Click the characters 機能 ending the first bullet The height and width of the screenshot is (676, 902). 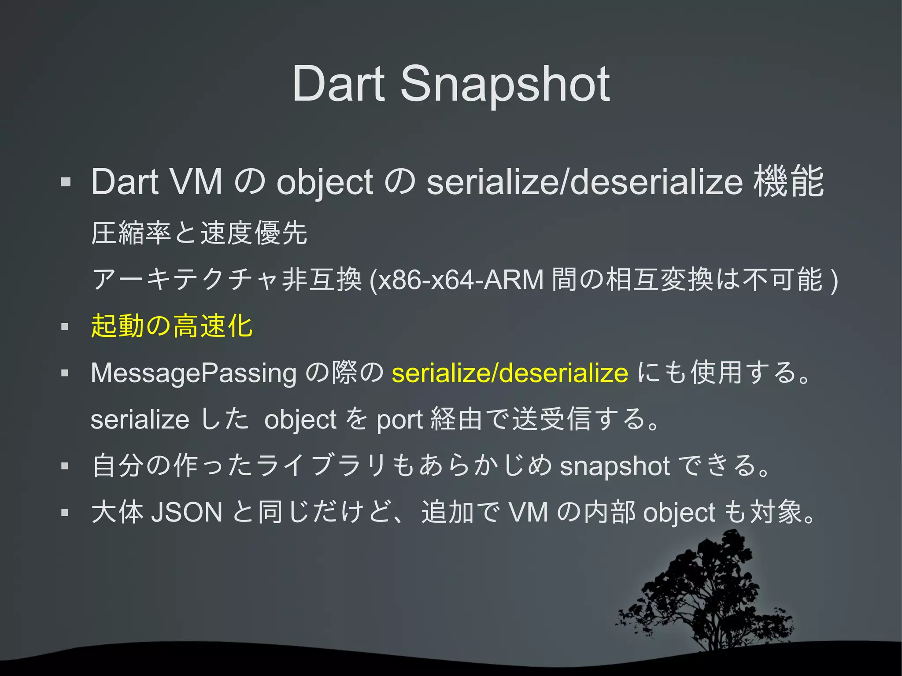pyautogui.click(x=788, y=182)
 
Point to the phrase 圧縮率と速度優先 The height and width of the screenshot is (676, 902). pyautogui.click(x=199, y=233)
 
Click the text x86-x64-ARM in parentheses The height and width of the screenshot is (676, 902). pyautogui.click(x=461, y=280)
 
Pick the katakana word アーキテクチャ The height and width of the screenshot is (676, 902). pyautogui.click(x=185, y=280)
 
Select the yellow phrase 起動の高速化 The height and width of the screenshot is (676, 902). pyautogui.click(x=172, y=326)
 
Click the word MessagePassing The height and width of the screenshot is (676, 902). pyautogui.click(x=193, y=373)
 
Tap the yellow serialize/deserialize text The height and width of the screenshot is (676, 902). pyautogui.click(x=510, y=373)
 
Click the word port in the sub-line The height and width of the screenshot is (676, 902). pyautogui.click(x=399, y=420)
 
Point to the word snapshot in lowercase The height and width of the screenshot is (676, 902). pyautogui.click(x=615, y=466)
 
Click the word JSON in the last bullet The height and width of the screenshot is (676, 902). pyautogui.click(x=187, y=513)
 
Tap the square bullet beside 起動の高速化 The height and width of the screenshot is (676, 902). pyautogui.click(x=65, y=327)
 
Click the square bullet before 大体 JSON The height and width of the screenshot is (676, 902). pyautogui.click(x=65, y=513)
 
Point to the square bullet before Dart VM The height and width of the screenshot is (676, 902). pyautogui.click(x=66, y=182)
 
